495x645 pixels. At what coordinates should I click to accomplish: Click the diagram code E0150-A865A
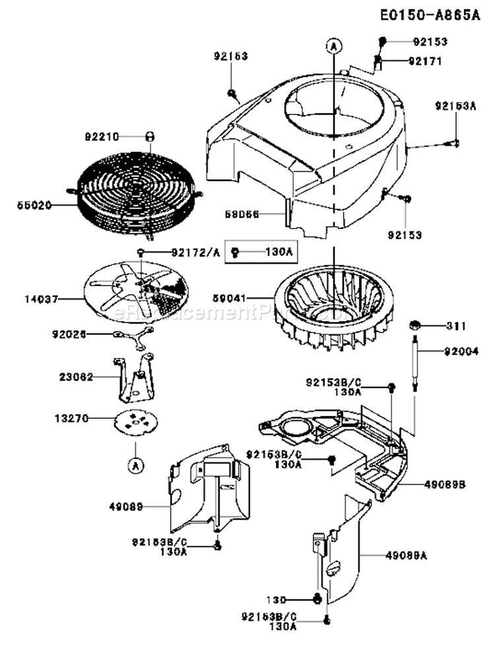tap(430, 15)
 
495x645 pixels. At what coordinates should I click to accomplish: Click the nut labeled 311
tap(416, 325)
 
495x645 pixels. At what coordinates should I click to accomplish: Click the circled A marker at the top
tap(335, 46)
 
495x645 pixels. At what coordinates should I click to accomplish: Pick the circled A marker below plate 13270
tap(135, 465)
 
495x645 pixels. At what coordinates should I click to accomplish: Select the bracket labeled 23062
tap(135, 379)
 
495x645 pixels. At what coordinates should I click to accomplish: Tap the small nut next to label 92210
tap(149, 137)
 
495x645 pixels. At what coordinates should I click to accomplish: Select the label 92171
tap(425, 61)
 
